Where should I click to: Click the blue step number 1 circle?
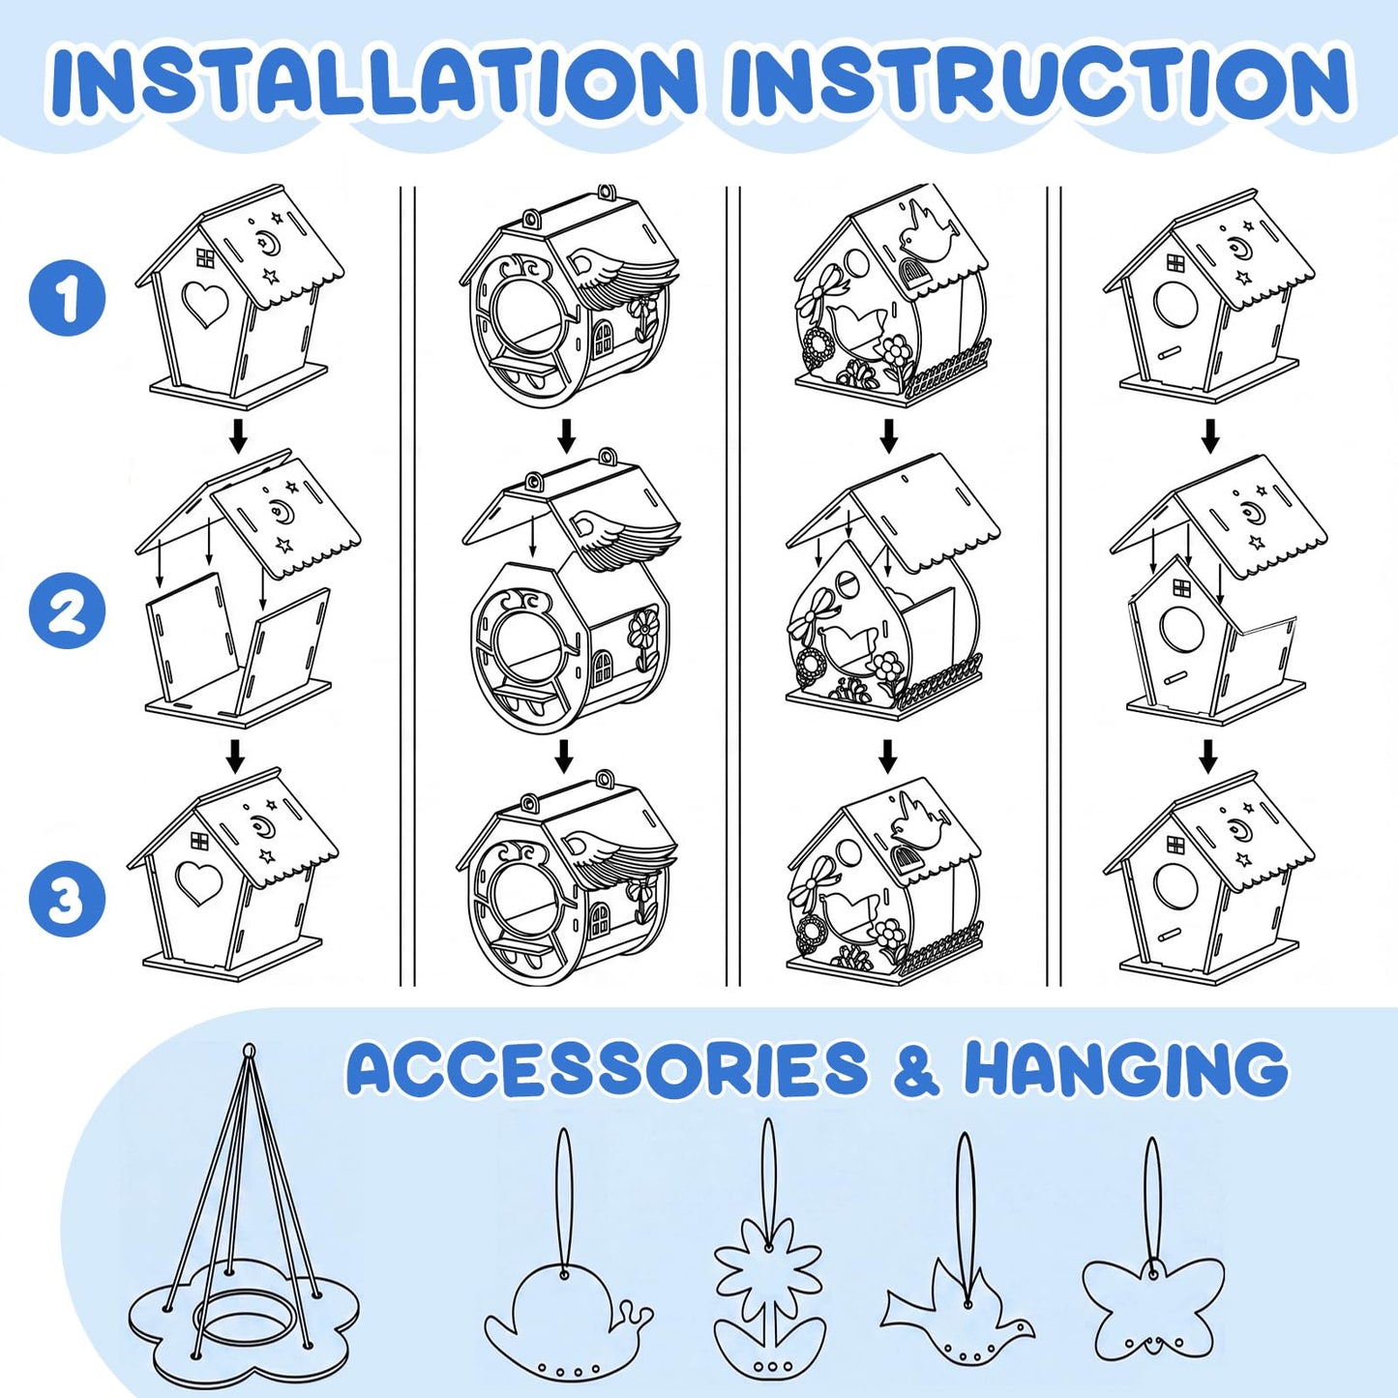coord(68,297)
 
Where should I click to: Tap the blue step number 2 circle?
coord(68,610)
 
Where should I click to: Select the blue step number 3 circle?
coord(68,899)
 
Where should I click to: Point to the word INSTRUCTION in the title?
coord(1039,81)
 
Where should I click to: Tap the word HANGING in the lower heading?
coord(1124,1069)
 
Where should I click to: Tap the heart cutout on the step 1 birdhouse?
coord(206,304)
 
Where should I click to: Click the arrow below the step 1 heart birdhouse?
coord(237,435)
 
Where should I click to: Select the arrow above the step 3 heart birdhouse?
coord(234,756)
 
